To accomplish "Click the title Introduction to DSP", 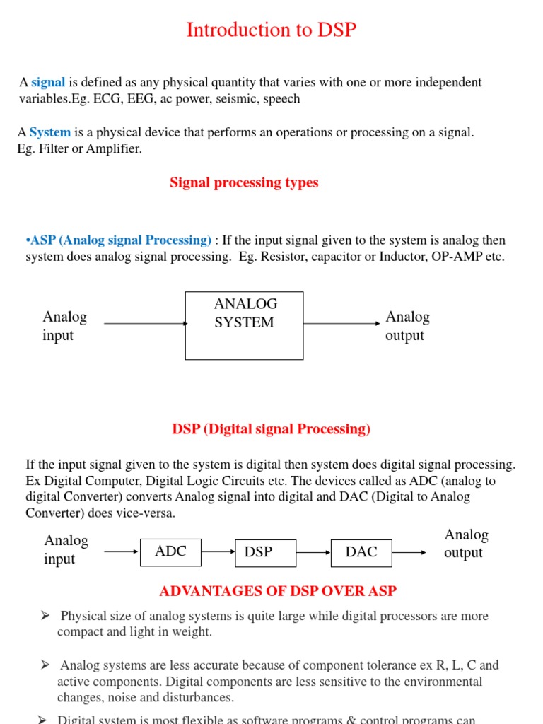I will (271, 30).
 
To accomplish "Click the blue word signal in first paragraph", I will (48, 83).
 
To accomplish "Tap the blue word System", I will (50, 132).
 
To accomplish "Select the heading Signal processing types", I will (244, 182).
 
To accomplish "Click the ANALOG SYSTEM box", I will (244, 325).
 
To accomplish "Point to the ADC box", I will (170, 552).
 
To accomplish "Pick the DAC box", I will (361, 552).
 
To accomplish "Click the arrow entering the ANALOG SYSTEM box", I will (145, 324).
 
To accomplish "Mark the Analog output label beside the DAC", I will (466, 544).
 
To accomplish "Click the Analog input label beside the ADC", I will (66, 549).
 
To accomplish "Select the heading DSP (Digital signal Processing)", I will (271, 429).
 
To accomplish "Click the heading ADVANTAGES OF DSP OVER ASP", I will (278, 591).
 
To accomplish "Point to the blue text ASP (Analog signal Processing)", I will (118, 240).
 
